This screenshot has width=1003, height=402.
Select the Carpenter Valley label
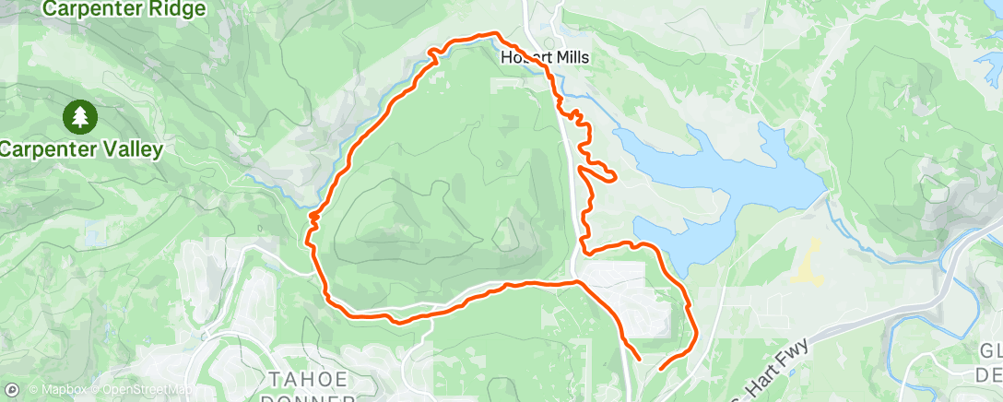coord(81,148)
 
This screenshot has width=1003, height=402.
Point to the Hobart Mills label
coord(544,57)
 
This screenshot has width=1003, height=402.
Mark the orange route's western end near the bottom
coord(639,358)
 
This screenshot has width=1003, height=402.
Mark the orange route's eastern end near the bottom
coord(661,369)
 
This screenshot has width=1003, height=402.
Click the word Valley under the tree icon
coord(135,148)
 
